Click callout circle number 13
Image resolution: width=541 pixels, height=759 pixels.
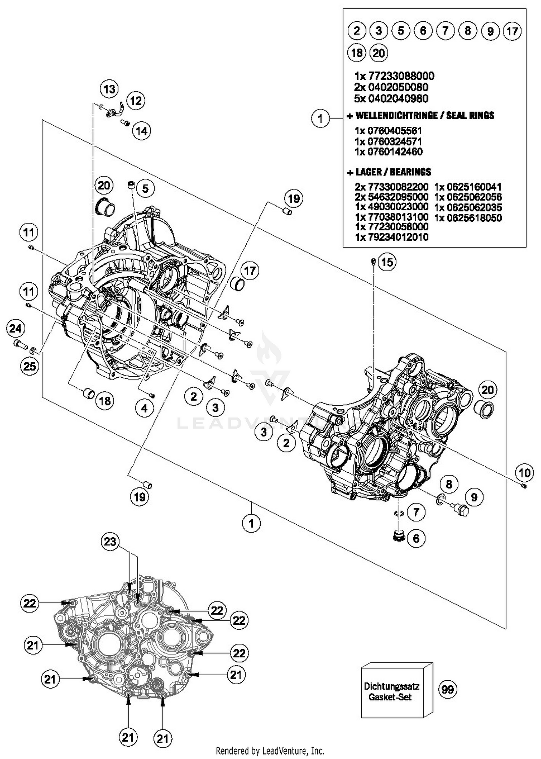pos(109,89)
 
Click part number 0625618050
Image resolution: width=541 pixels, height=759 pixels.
pos(468,218)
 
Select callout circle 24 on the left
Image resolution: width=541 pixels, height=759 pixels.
pos(16,328)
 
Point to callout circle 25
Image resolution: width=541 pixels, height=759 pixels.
pos(30,366)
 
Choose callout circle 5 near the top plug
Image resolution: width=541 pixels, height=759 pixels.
pos(145,188)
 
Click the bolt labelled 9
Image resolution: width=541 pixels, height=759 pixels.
pos(462,509)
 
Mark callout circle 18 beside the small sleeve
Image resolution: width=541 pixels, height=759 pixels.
pos(105,400)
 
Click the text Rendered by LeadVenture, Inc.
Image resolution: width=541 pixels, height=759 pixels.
pos(270,751)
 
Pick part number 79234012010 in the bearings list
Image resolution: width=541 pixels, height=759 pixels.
pos(391,237)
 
